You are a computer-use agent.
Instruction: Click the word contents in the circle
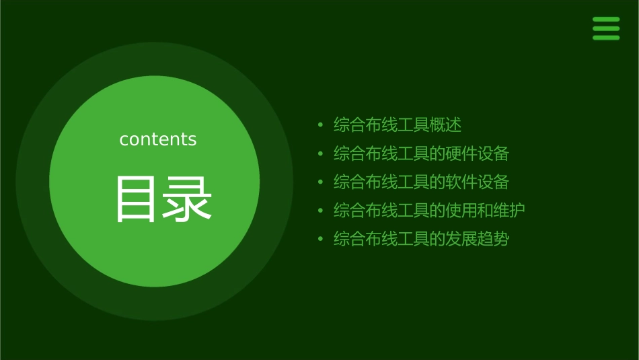pos(158,139)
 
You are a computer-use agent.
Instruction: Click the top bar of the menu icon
pos(606,20)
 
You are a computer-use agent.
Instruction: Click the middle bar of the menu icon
pos(606,28)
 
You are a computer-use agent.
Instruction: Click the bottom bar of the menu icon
pos(606,37)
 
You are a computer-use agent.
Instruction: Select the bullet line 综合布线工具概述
pos(398,124)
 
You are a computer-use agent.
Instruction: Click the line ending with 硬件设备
pos(421,153)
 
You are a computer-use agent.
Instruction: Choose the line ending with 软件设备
pos(421,182)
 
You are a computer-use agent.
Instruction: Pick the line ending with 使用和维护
pos(429,211)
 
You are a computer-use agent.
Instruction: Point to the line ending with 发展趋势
pos(421,239)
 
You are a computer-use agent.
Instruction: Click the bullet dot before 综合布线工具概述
pos(320,125)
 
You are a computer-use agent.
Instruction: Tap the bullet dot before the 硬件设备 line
pos(320,154)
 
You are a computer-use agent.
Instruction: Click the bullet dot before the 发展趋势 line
pos(320,240)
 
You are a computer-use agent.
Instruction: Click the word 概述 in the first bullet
pos(446,124)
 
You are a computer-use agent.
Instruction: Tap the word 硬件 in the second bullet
pos(462,153)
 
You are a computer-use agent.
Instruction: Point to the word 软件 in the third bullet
pos(462,182)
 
